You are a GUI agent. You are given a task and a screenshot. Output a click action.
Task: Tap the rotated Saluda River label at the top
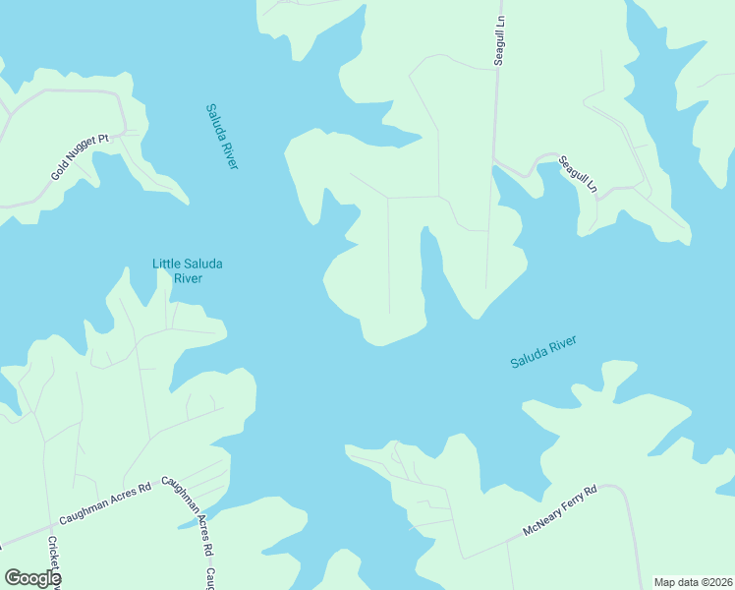222,136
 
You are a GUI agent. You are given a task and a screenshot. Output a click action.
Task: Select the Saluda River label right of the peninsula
543,352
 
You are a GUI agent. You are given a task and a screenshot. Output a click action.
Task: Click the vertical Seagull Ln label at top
499,40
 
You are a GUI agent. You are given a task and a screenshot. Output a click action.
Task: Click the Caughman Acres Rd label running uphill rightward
104,502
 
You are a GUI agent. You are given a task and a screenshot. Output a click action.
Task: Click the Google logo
32,578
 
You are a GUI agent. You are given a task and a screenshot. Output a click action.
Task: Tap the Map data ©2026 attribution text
693,582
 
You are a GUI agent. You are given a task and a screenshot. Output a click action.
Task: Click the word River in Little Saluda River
188,278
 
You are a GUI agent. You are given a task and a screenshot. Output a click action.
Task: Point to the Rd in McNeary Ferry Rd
591,491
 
